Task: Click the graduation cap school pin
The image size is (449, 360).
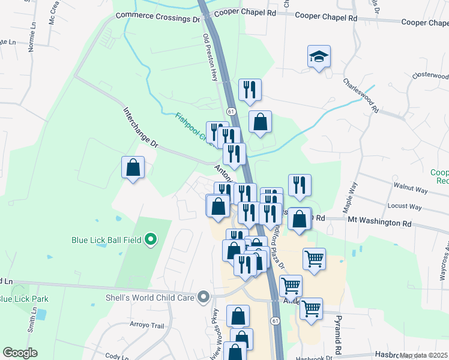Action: coord(319,58)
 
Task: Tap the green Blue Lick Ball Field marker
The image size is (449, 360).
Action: coord(151,241)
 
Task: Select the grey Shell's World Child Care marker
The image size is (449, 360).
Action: coord(205,296)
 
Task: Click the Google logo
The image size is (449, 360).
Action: coord(20,353)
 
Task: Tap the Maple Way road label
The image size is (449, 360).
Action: coord(349,197)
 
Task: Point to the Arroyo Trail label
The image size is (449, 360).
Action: coord(147,326)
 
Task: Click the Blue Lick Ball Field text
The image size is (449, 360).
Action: coord(106,241)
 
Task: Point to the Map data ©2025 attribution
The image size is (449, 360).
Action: coord(424,355)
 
